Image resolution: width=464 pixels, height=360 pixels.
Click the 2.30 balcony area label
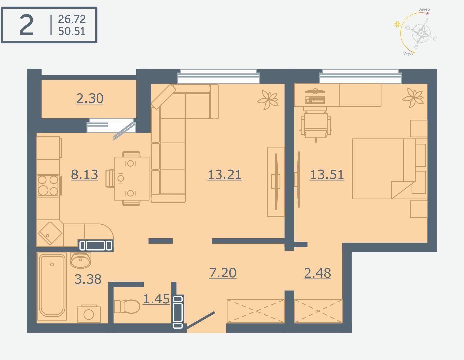(90, 99)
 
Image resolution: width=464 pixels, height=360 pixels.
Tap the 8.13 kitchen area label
(84, 174)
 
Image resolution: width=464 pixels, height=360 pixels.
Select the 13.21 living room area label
(224, 175)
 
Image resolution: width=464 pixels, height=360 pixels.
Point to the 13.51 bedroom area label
(327, 175)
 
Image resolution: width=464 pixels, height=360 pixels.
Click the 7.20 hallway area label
(223, 273)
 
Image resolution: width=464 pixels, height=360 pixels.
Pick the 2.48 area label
(318, 273)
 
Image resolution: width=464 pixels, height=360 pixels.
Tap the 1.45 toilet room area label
(156, 299)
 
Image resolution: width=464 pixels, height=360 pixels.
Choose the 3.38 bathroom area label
(88, 279)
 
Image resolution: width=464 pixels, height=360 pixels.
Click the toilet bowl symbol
(127, 306)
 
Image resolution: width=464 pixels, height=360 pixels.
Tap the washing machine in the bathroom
(89, 314)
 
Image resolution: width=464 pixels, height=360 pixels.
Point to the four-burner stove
(48, 186)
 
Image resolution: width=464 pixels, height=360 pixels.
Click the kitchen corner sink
(50, 233)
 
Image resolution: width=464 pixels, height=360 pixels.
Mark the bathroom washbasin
(80, 260)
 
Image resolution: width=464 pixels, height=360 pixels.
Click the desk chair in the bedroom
(316, 125)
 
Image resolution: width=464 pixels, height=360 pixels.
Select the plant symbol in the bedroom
(413, 98)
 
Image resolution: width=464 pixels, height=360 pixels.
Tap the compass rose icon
(421, 33)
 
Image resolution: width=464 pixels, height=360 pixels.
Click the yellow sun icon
(397, 24)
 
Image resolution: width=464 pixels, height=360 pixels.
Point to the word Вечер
(424, 9)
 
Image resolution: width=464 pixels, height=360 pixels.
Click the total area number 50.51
(72, 31)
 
